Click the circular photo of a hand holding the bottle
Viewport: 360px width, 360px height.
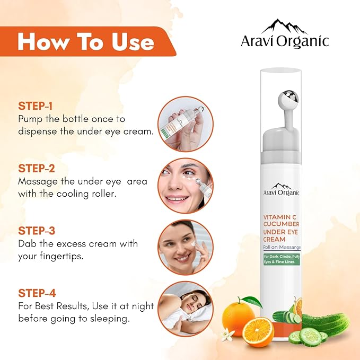click(186, 123)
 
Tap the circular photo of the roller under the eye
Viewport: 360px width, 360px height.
click(186, 185)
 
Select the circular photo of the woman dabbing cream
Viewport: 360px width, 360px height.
click(186, 247)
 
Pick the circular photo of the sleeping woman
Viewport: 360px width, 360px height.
click(186, 308)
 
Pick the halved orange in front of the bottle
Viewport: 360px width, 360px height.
click(258, 331)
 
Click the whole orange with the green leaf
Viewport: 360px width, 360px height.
click(238, 317)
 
